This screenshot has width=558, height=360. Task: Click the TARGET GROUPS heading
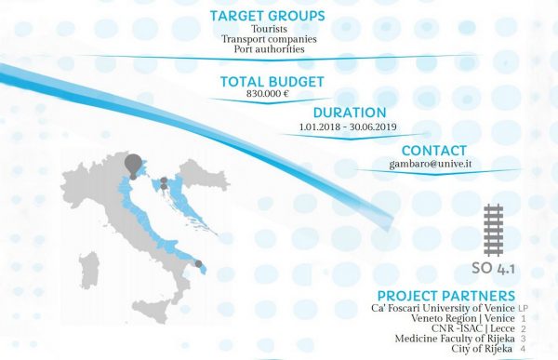(x=267, y=16)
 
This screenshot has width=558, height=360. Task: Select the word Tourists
(x=269, y=29)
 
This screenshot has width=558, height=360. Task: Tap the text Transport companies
(x=269, y=38)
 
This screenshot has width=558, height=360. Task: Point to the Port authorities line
(x=269, y=48)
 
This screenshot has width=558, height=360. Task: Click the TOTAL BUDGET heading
(x=272, y=82)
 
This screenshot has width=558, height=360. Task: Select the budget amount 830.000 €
(x=268, y=94)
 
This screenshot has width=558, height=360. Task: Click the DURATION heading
(x=350, y=113)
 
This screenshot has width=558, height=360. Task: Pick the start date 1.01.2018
(x=320, y=127)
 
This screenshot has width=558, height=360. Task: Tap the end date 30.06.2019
(x=373, y=127)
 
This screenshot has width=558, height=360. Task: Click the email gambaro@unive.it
(x=431, y=164)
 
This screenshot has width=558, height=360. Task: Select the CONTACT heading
(x=433, y=151)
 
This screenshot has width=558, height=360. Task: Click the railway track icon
(x=494, y=230)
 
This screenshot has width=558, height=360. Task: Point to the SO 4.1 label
(x=493, y=269)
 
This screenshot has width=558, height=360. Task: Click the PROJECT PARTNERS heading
(x=446, y=296)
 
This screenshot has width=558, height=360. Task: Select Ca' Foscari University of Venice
(x=443, y=308)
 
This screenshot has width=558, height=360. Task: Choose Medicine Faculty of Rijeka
(x=455, y=339)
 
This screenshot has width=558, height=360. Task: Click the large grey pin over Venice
(x=133, y=166)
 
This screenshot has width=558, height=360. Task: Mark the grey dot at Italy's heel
(x=199, y=264)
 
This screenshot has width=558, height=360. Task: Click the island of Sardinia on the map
(x=88, y=270)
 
